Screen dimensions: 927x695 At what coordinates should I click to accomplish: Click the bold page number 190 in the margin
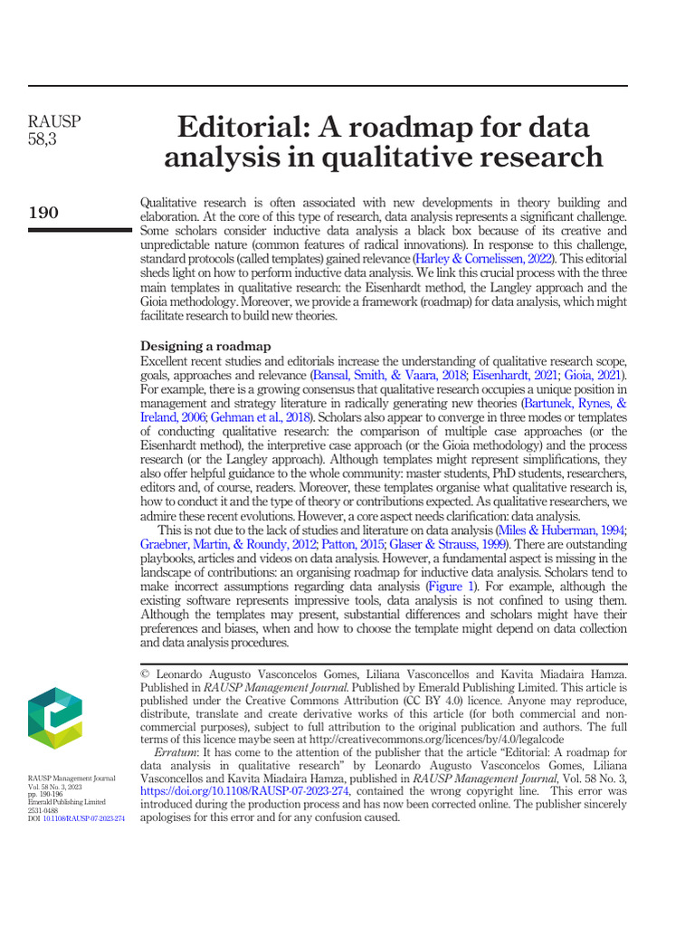tap(43, 213)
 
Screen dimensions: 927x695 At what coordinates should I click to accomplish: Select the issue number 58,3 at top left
tap(42, 139)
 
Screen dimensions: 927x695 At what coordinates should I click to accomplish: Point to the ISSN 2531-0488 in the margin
tap(41, 810)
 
